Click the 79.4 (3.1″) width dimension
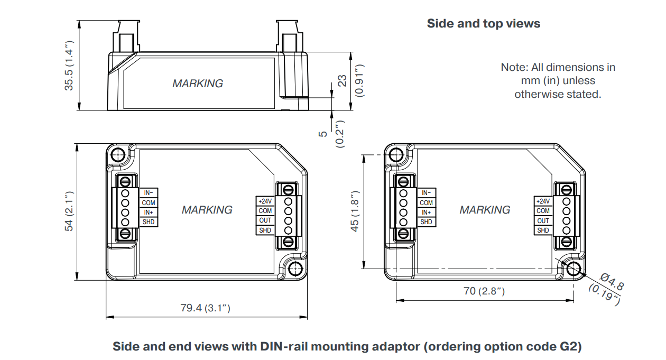[206, 308]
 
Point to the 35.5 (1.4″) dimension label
[69, 66]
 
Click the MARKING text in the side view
[198, 84]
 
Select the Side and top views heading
[483, 24]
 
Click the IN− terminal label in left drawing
[148, 193]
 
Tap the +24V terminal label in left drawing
[265, 201]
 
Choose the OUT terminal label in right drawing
[543, 220]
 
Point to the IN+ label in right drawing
[426, 213]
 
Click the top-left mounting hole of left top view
[118, 154]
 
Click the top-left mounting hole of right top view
[396, 154]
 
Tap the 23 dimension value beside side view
[343, 80]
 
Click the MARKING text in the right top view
[485, 210]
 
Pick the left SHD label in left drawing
[149, 222]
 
